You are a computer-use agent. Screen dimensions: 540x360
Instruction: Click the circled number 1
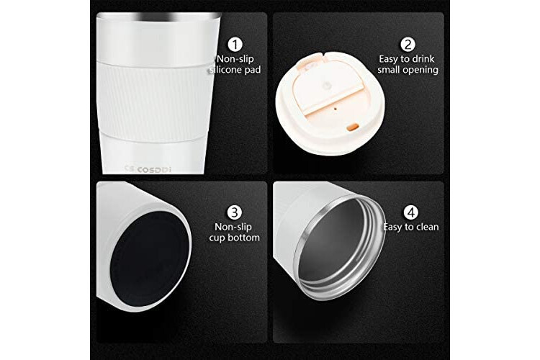pyautogui.click(x=235, y=45)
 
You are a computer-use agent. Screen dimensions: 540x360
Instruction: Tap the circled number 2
pyautogui.click(x=408, y=45)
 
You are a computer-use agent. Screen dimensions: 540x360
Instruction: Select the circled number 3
pyautogui.click(x=235, y=212)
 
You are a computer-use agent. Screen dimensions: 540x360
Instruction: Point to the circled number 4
pyautogui.click(x=411, y=212)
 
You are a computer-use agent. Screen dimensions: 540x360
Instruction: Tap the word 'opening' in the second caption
pyautogui.click(x=422, y=70)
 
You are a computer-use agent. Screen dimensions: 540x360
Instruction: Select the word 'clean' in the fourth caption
pyautogui.click(x=428, y=227)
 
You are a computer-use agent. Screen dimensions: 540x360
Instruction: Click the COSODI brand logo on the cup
pyautogui.click(x=148, y=169)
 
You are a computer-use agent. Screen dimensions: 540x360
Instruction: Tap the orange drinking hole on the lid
pyautogui.click(x=351, y=127)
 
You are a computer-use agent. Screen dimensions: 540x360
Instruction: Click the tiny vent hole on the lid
pyautogui.click(x=336, y=109)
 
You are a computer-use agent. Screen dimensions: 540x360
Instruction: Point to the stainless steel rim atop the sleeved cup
pyautogui.click(x=159, y=15)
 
